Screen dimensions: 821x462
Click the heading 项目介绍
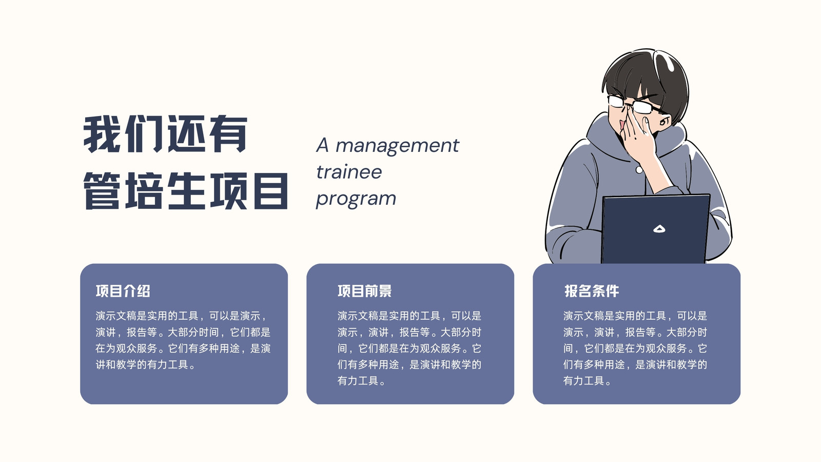click(123, 291)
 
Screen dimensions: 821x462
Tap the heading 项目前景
click(365, 291)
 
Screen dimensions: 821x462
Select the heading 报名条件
click(592, 291)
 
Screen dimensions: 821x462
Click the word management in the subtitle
click(397, 146)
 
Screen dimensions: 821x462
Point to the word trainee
click(349, 172)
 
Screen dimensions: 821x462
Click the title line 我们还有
click(166, 133)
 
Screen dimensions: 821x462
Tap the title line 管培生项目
click(186, 191)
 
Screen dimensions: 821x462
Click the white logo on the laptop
click(659, 229)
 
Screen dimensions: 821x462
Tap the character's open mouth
click(622, 126)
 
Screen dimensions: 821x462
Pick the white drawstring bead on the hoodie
click(639, 170)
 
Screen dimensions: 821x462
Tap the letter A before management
click(322, 145)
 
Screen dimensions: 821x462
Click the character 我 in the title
click(102, 133)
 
